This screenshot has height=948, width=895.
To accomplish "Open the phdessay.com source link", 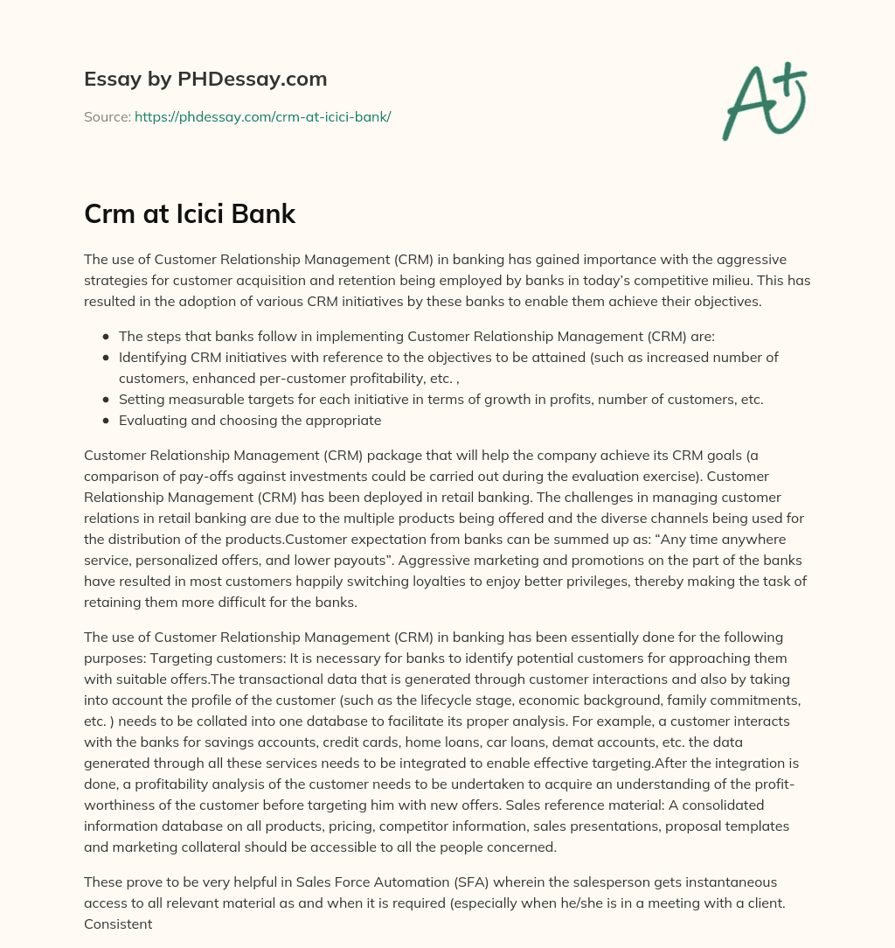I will coord(262,116).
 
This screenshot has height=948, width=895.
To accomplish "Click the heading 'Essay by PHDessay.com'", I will coord(205,80).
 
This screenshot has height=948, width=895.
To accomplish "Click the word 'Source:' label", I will coord(107,116).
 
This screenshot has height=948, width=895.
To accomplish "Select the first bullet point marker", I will coord(106,336).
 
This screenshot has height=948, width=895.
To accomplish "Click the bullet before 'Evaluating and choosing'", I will coord(106,420).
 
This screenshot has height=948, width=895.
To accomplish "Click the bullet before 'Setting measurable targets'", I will coord(106,399).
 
